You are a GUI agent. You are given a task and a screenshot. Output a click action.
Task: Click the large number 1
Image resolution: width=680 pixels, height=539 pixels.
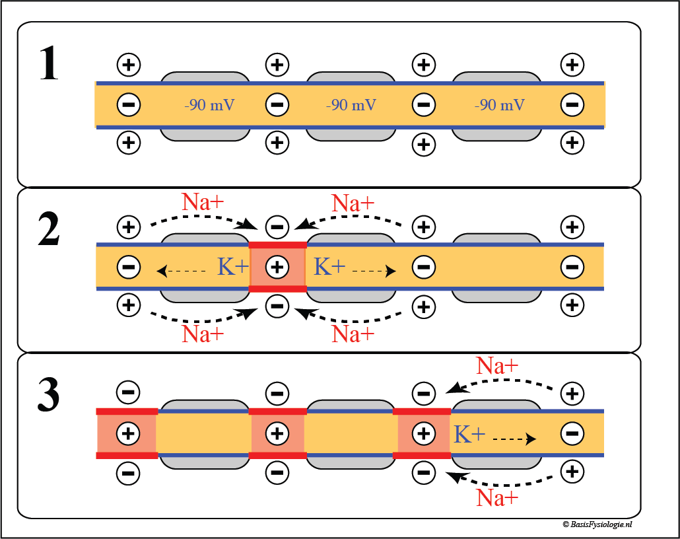click(48, 65)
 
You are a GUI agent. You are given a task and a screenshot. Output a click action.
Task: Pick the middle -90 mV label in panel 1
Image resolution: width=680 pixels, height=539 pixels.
click(351, 104)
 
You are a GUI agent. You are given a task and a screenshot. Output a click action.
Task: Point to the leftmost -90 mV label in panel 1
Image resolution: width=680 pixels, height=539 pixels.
click(210, 104)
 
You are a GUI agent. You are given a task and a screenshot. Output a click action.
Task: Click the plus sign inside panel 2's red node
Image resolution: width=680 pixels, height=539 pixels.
click(278, 267)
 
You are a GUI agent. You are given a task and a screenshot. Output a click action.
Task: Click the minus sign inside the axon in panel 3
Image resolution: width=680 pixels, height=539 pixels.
click(572, 434)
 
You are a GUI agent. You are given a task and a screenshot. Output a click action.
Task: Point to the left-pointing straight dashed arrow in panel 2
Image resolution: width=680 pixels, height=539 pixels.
click(182, 270)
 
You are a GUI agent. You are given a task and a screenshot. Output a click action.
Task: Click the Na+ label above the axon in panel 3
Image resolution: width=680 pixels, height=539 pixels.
click(497, 365)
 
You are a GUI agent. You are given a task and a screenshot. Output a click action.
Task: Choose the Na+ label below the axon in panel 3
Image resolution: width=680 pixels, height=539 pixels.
click(497, 497)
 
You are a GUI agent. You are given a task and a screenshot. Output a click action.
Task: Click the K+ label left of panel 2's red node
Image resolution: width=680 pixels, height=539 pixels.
click(233, 266)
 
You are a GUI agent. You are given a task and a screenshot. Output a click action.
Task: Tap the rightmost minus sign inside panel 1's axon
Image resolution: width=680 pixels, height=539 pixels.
click(572, 104)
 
